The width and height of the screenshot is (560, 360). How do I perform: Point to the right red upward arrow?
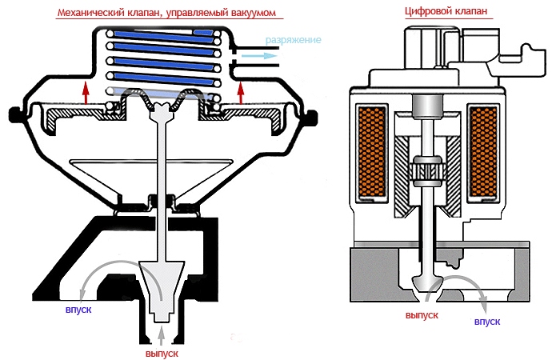pos(240,95)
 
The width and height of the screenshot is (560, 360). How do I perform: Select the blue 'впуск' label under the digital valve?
pos(486,321)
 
